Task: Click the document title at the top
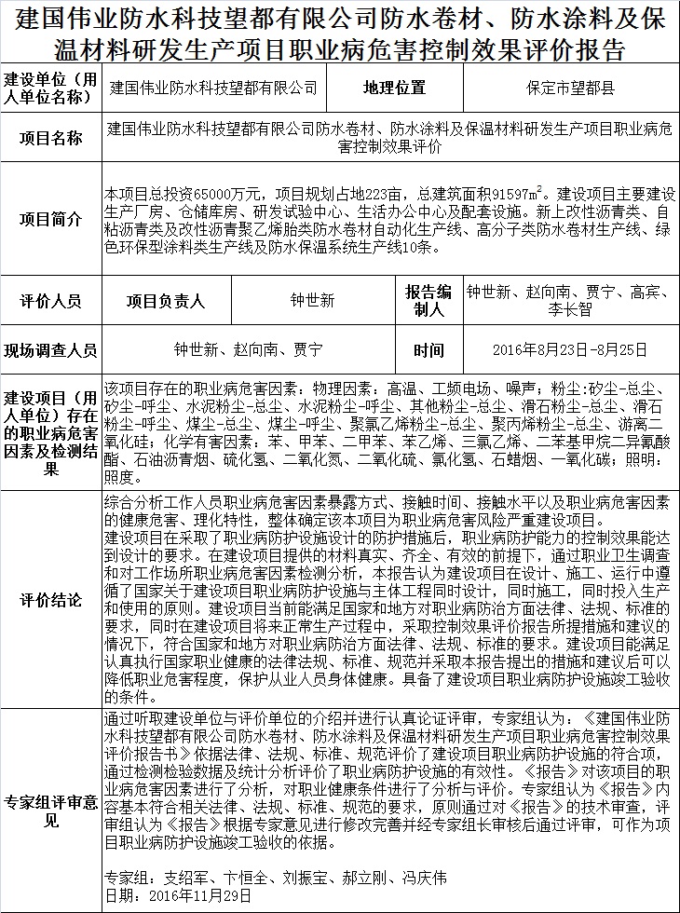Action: tap(340, 34)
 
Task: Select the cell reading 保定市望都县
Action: tap(569, 89)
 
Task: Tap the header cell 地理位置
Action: tap(394, 89)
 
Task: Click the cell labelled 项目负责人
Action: tap(166, 301)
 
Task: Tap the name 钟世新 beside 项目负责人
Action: tap(312, 301)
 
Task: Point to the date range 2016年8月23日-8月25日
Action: tap(569, 350)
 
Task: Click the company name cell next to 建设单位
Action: tap(213, 89)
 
